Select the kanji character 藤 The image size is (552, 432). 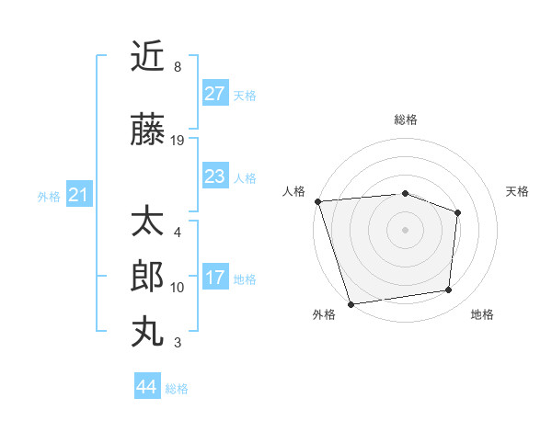[148, 131]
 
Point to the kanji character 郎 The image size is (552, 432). [148, 277]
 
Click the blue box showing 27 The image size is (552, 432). [215, 94]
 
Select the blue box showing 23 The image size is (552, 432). [215, 176]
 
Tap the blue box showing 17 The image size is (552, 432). [215, 278]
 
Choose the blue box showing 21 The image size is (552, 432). [78, 195]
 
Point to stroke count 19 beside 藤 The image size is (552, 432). [178, 141]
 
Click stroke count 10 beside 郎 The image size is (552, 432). [178, 288]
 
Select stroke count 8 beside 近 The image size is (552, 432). [177, 67]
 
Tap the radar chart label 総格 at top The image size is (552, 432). [406, 119]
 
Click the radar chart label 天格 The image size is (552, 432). [518, 191]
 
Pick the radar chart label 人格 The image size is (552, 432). [293, 191]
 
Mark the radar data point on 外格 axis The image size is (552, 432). [351, 303]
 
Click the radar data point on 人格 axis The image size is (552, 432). [317, 201]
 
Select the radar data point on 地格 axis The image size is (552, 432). [449, 290]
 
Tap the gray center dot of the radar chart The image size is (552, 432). [405, 229]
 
